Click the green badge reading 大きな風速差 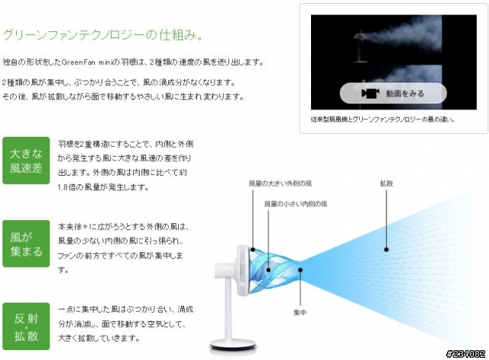click(x=26, y=161)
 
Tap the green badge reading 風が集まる click(x=26, y=244)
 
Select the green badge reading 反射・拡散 click(x=26, y=326)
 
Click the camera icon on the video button click(x=370, y=93)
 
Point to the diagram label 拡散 click(x=387, y=183)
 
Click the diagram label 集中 click(x=300, y=313)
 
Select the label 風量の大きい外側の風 click(x=280, y=183)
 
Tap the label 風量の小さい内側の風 click(x=296, y=204)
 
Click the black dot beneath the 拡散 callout click(x=387, y=249)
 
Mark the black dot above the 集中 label click(x=300, y=270)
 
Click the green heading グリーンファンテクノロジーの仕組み click(x=103, y=34)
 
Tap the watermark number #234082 click(x=465, y=353)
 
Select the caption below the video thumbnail click(x=383, y=119)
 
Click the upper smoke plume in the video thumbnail click(x=403, y=34)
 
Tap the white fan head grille click(x=243, y=270)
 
